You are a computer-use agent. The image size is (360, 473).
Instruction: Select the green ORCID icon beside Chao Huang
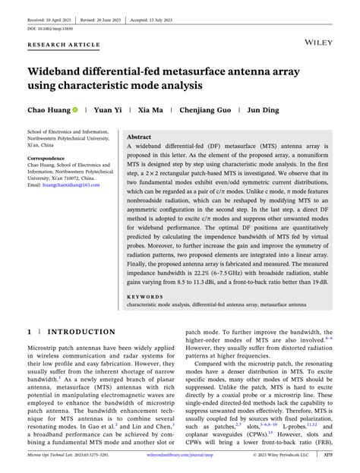[75, 110]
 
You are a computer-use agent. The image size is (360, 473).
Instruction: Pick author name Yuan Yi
[107, 110]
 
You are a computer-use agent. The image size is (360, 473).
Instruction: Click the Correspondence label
[51, 159]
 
